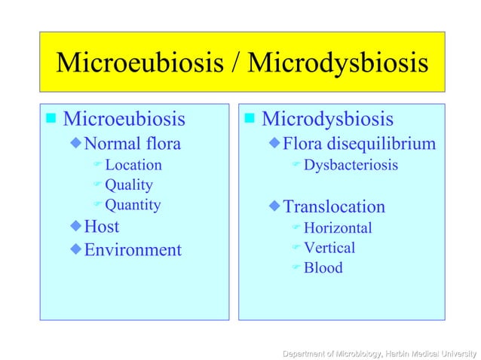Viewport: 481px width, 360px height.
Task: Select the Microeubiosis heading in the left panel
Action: (x=124, y=119)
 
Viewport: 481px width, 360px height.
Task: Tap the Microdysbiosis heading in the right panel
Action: (x=327, y=119)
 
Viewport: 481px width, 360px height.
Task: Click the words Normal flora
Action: (x=132, y=143)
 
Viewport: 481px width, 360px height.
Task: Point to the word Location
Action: (x=133, y=164)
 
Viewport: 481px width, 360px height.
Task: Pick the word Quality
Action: (x=128, y=185)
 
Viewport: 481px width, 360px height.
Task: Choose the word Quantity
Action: (x=133, y=204)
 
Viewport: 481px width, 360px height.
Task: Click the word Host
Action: (x=101, y=226)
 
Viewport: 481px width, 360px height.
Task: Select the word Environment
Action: (x=132, y=249)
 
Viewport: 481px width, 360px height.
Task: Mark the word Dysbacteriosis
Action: (x=351, y=164)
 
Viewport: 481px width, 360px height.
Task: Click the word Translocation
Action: (x=333, y=206)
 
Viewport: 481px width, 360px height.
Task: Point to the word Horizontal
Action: (x=337, y=227)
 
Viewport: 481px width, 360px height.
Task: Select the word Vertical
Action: (x=329, y=247)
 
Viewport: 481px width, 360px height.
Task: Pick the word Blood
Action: (x=323, y=267)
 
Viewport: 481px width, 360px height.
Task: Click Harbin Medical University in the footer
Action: (x=431, y=352)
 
